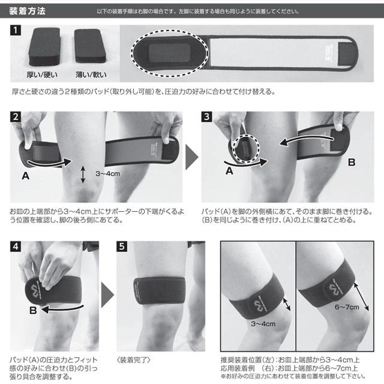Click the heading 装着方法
[27, 11]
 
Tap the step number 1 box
[16, 30]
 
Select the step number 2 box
[16, 117]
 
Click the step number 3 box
[206, 117]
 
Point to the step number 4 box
[16, 247]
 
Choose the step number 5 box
[122, 247]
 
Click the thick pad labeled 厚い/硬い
[44, 47]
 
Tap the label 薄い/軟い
[91, 74]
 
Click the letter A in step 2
[26, 176]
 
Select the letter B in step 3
[352, 162]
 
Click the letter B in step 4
[33, 310]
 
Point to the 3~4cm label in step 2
[108, 173]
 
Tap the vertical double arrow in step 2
[83, 175]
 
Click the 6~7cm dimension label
[347, 307]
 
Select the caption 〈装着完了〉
[134, 360]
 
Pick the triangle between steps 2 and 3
[192, 157]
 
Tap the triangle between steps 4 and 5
[107, 295]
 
